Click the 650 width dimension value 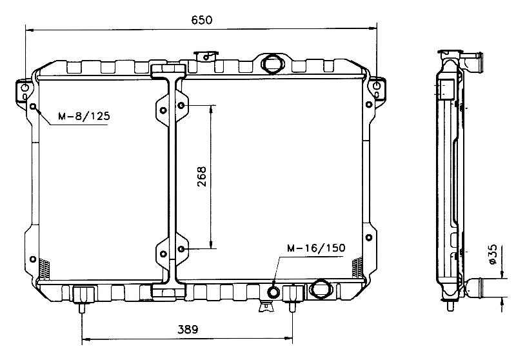[x=202, y=20]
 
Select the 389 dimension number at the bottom [x=188, y=329]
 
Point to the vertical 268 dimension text [x=202, y=177]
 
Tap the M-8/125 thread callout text [x=84, y=116]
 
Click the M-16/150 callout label [x=316, y=248]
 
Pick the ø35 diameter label [x=493, y=254]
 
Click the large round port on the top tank [x=272, y=63]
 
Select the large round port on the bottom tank [x=321, y=288]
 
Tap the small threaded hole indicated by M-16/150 [x=273, y=292]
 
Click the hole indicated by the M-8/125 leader [x=33, y=106]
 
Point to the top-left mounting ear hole [x=25, y=88]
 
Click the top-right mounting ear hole [x=377, y=86]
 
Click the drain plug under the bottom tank [x=266, y=306]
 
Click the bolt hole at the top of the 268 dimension [x=181, y=105]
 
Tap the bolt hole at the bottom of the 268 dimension [x=181, y=249]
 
